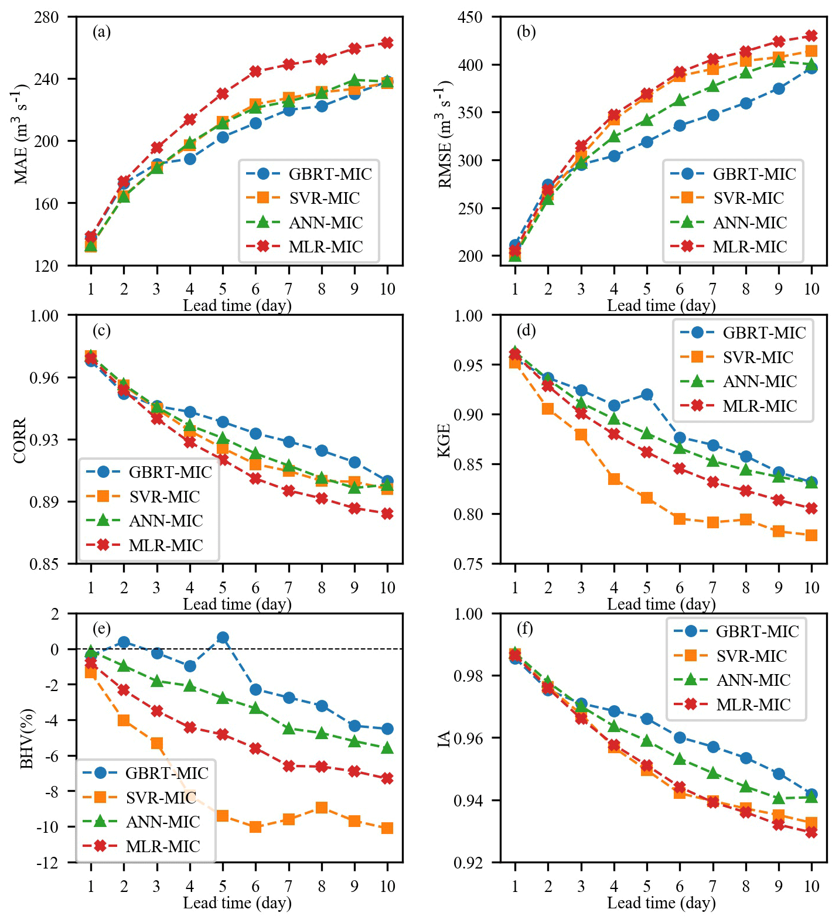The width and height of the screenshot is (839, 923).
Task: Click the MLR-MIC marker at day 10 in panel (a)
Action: (387, 43)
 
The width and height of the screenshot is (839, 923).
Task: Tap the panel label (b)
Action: (526, 32)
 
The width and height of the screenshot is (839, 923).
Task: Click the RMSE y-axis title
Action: (445, 136)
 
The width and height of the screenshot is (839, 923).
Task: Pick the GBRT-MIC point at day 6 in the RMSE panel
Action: (680, 125)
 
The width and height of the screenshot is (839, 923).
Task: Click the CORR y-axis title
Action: (21, 440)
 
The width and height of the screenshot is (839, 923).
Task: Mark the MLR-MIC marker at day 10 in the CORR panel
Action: (387, 514)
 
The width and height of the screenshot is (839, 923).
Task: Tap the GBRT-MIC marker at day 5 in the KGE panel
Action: (647, 394)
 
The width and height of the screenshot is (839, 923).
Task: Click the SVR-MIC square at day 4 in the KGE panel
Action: (614, 479)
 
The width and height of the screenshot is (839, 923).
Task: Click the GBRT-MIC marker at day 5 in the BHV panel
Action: (223, 637)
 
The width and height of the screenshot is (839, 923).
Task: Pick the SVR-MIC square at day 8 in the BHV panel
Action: (321, 808)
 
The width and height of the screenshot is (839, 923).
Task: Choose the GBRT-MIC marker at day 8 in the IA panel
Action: (746, 758)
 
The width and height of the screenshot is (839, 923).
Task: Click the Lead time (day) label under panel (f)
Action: (661, 903)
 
